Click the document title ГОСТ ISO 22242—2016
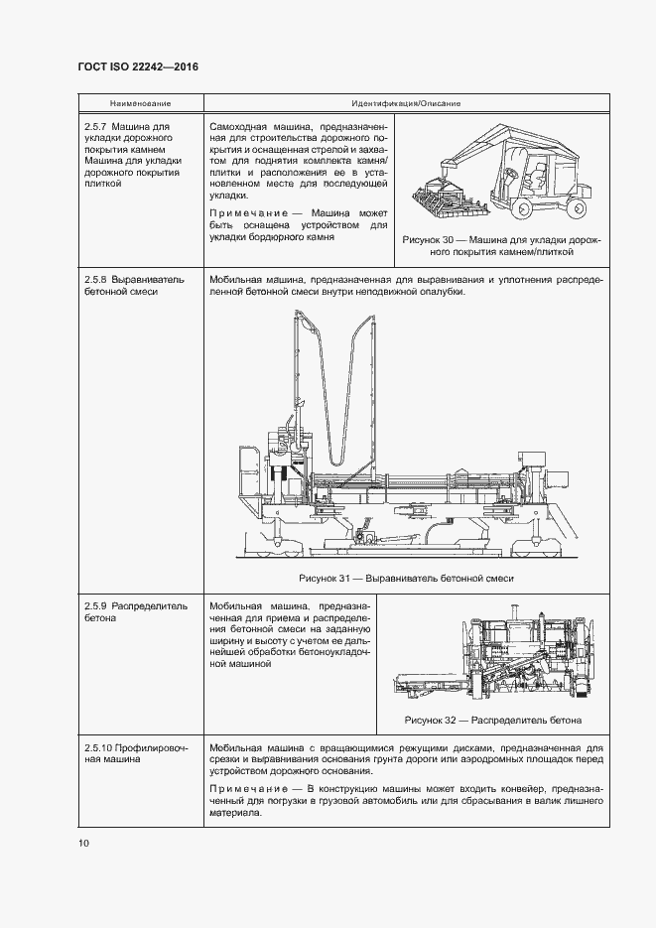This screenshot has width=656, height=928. tap(137, 66)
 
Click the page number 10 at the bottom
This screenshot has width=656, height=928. tap(83, 844)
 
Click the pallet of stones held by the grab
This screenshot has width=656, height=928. tap(452, 203)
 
